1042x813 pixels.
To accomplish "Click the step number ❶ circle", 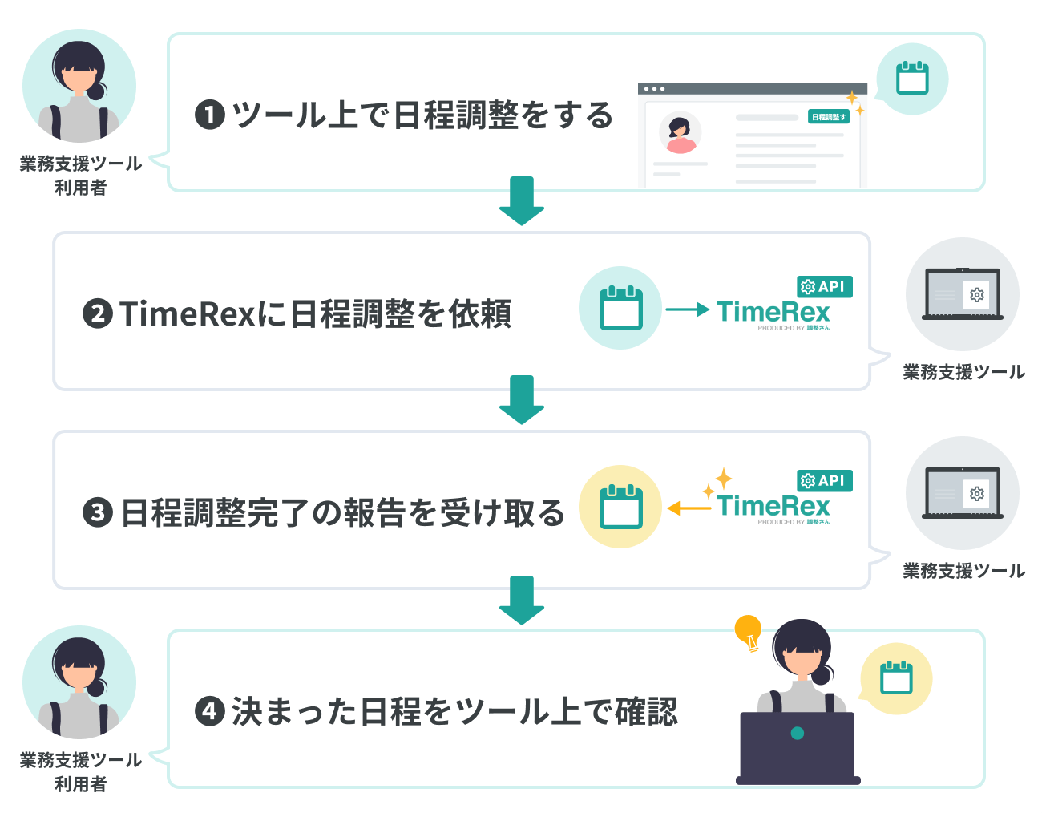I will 209,115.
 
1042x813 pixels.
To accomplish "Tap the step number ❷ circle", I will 98,313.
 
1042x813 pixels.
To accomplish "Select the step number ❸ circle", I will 98,512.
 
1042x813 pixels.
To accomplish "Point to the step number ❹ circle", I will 209,710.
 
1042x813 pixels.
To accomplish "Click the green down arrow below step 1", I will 522,200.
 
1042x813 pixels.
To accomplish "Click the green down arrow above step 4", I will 522,600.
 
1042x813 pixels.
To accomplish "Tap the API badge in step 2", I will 824,286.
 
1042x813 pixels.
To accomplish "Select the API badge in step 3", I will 824,480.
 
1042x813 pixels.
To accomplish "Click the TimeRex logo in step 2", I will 773,312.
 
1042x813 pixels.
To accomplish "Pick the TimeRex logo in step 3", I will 773,506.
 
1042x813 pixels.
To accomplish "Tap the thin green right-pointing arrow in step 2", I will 688,309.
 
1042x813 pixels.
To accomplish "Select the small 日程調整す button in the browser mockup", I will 828,117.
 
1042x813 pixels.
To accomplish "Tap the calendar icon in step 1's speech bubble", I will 912,79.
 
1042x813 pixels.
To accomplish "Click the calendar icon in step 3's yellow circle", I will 620,507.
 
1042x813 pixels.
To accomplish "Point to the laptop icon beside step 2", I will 962,294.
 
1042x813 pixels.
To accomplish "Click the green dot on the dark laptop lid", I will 797,733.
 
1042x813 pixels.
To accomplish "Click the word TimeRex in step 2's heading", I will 187,313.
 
